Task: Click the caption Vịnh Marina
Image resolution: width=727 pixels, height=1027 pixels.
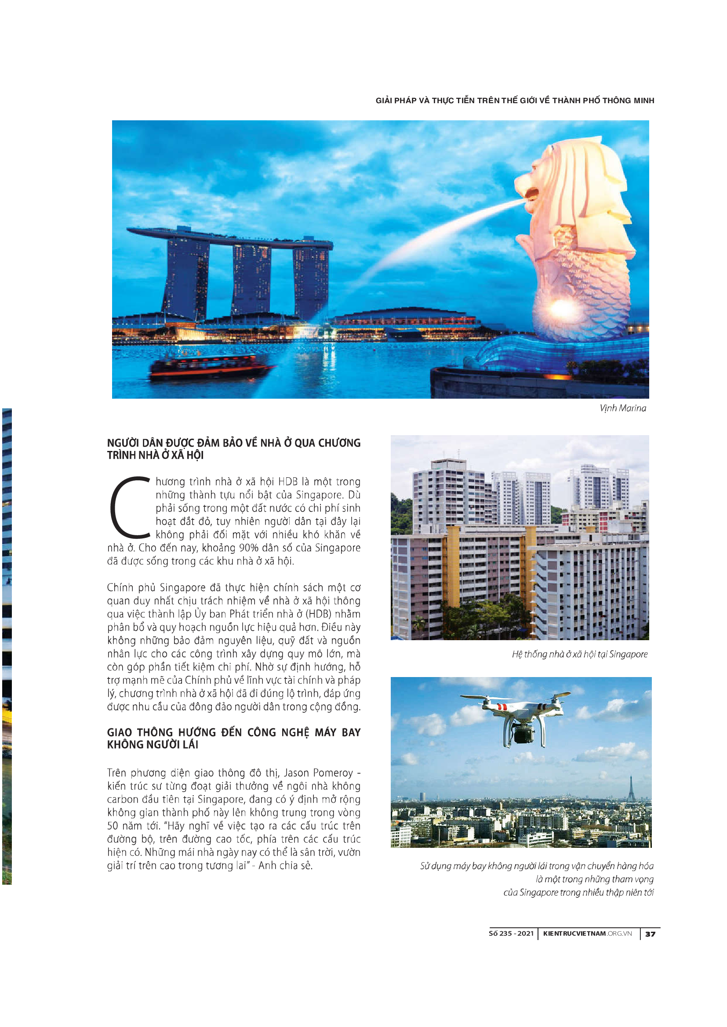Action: coord(623,408)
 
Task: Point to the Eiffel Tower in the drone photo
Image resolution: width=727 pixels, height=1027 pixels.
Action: coord(631,789)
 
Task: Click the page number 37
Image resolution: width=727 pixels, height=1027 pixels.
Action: coord(650,934)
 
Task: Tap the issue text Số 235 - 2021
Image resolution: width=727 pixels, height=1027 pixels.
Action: coord(511,933)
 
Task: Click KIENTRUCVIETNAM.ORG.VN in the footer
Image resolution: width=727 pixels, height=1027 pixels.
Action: coord(587,933)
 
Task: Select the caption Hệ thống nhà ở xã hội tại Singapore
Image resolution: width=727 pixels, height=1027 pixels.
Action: coord(580,654)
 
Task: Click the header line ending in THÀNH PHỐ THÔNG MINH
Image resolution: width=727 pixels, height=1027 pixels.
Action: coord(515,101)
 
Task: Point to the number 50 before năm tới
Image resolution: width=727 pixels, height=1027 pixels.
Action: coord(114,826)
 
